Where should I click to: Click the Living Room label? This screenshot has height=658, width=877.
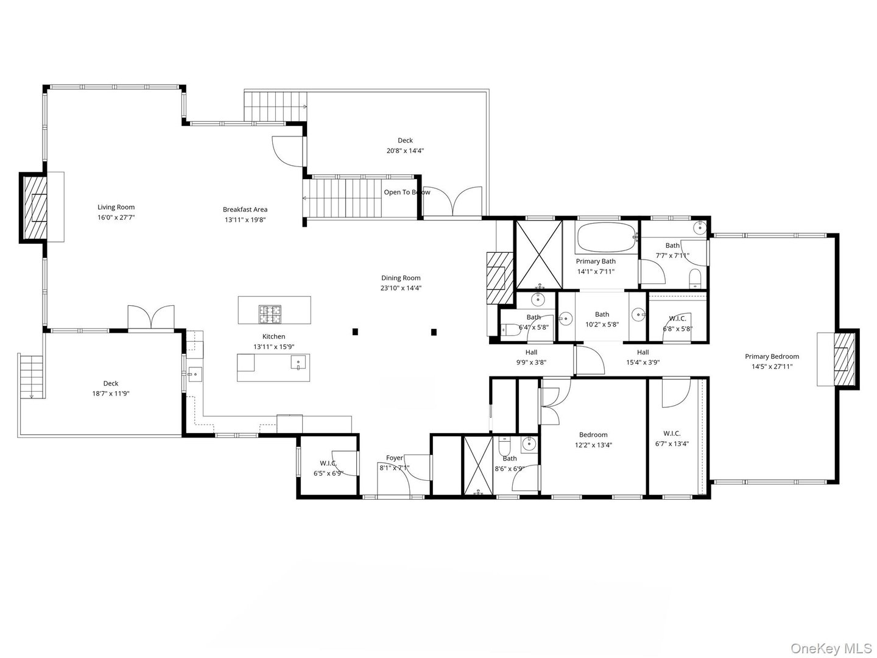click(116, 207)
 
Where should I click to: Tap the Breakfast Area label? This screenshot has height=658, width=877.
click(245, 210)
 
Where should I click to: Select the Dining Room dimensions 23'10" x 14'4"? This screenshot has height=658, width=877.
click(401, 288)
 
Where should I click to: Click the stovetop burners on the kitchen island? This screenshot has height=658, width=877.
click(270, 314)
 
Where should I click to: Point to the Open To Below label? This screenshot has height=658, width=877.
click(406, 193)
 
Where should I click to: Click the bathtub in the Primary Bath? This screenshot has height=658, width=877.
click(605, 238)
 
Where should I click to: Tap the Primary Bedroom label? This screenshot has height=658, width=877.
click(772, 357)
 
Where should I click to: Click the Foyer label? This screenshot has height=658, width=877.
click(394, 458)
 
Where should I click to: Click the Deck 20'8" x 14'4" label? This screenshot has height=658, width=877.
click(405, 141)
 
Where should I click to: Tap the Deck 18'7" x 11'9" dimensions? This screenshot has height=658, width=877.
click(110, 394)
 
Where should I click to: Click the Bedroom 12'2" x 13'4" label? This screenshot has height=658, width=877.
click(593, 435)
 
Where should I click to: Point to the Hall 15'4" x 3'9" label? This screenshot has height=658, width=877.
click(643, 352)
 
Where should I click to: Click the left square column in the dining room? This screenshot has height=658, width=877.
click(355, 332)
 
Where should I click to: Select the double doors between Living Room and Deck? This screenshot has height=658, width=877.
click(150, 318)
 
